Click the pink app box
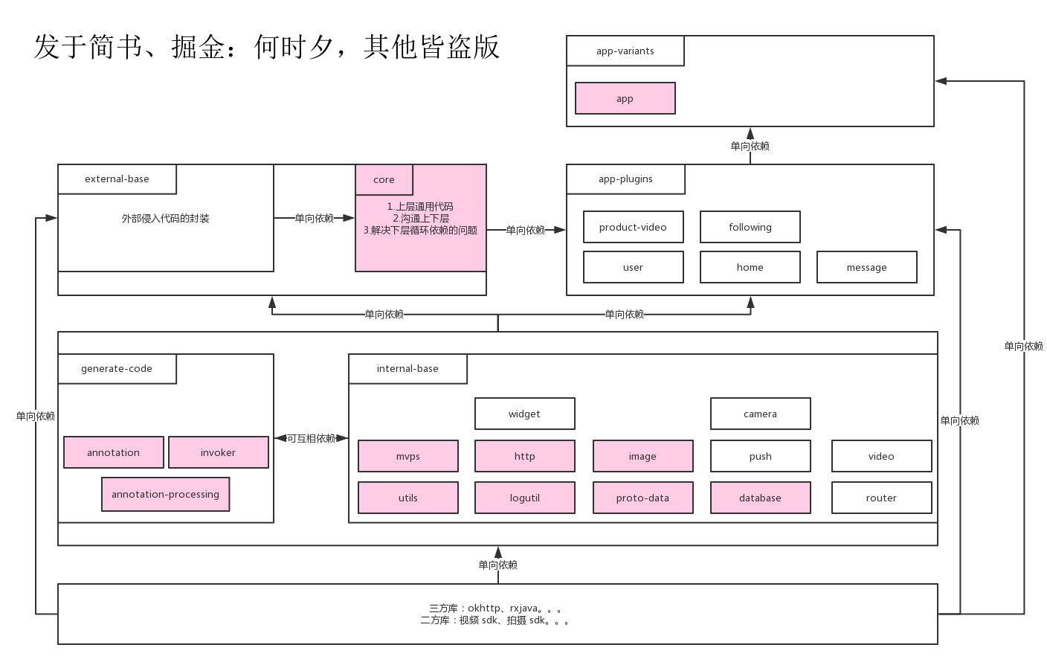tap(625, 98)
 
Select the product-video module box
tap(633, 227)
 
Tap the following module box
tap(750, 227)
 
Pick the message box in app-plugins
tap(866, 267)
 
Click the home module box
tap(750, 267)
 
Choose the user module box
tap(633, 267)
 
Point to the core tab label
tap(384, 179)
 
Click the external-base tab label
tap(117, 179)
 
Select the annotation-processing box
tap(165, 494)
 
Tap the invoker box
tap(218, 452)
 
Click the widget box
tap(524, 414)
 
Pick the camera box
tap(760, 414)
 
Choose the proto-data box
tap(642, 498)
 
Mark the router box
tap(881, 498)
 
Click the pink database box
tap(760, 498)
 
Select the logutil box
tap(524, 498)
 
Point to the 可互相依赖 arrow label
tap(311, 438)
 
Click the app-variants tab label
tap(625, 51)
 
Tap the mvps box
tap(407, 456)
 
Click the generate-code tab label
tap(117, 368)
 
